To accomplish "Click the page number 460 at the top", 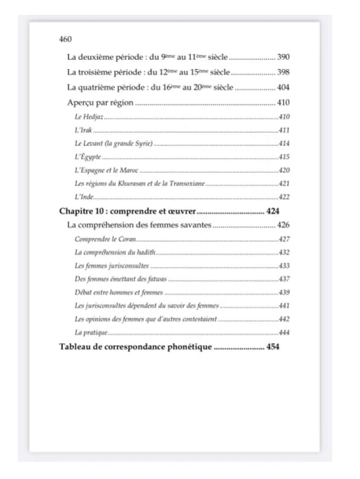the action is (x=66, y=38).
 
